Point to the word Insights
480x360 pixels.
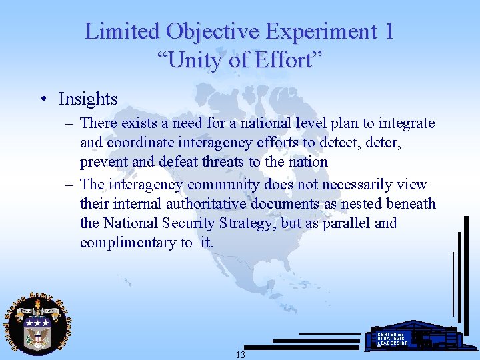[x=88, y=99]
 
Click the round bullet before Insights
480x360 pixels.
[x=43, y=99]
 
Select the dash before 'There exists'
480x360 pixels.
[x=68, y=123]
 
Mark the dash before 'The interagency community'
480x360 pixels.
[x=68, y=184]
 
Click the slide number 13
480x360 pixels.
[x=240, y=355]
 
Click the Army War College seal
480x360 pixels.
[x=38, y=325]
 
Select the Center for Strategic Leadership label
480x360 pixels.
[x=393, y=338]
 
